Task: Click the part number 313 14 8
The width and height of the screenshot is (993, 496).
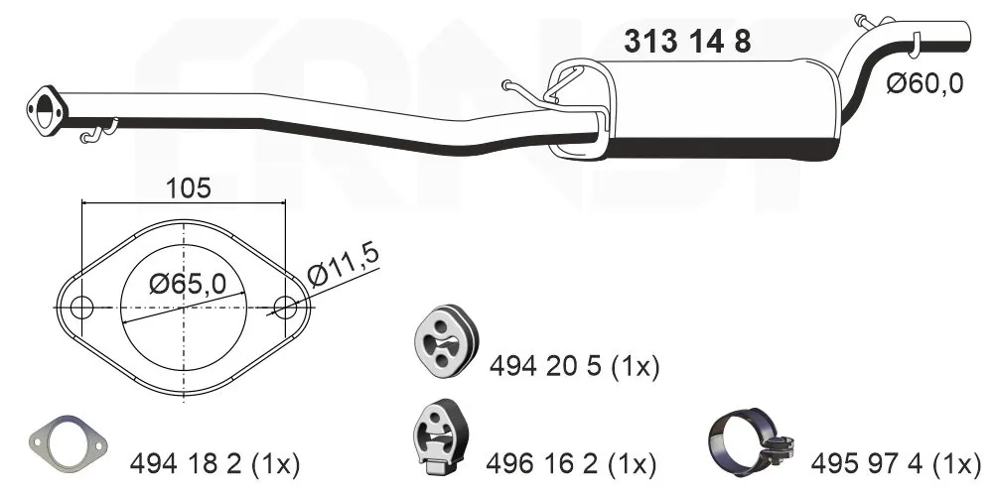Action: [x=687, y=42]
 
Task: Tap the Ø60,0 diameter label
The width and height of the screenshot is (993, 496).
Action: [x=924, y=84]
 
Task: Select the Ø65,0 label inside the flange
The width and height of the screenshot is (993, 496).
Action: [x=187, y=284]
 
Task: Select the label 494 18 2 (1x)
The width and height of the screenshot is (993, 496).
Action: [x=214, y=462]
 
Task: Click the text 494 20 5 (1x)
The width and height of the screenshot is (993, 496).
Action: [x=574, y=367]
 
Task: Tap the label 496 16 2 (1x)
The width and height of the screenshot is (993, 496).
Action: [x=570, y=462]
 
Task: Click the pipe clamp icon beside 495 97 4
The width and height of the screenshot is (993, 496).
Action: [x=748, y=442]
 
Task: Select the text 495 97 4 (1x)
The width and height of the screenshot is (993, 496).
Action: [x=896, y=462]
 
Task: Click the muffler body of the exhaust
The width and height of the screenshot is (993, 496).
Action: [x=715, y=109]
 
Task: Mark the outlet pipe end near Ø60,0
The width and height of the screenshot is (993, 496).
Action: [x=968, y=32]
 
